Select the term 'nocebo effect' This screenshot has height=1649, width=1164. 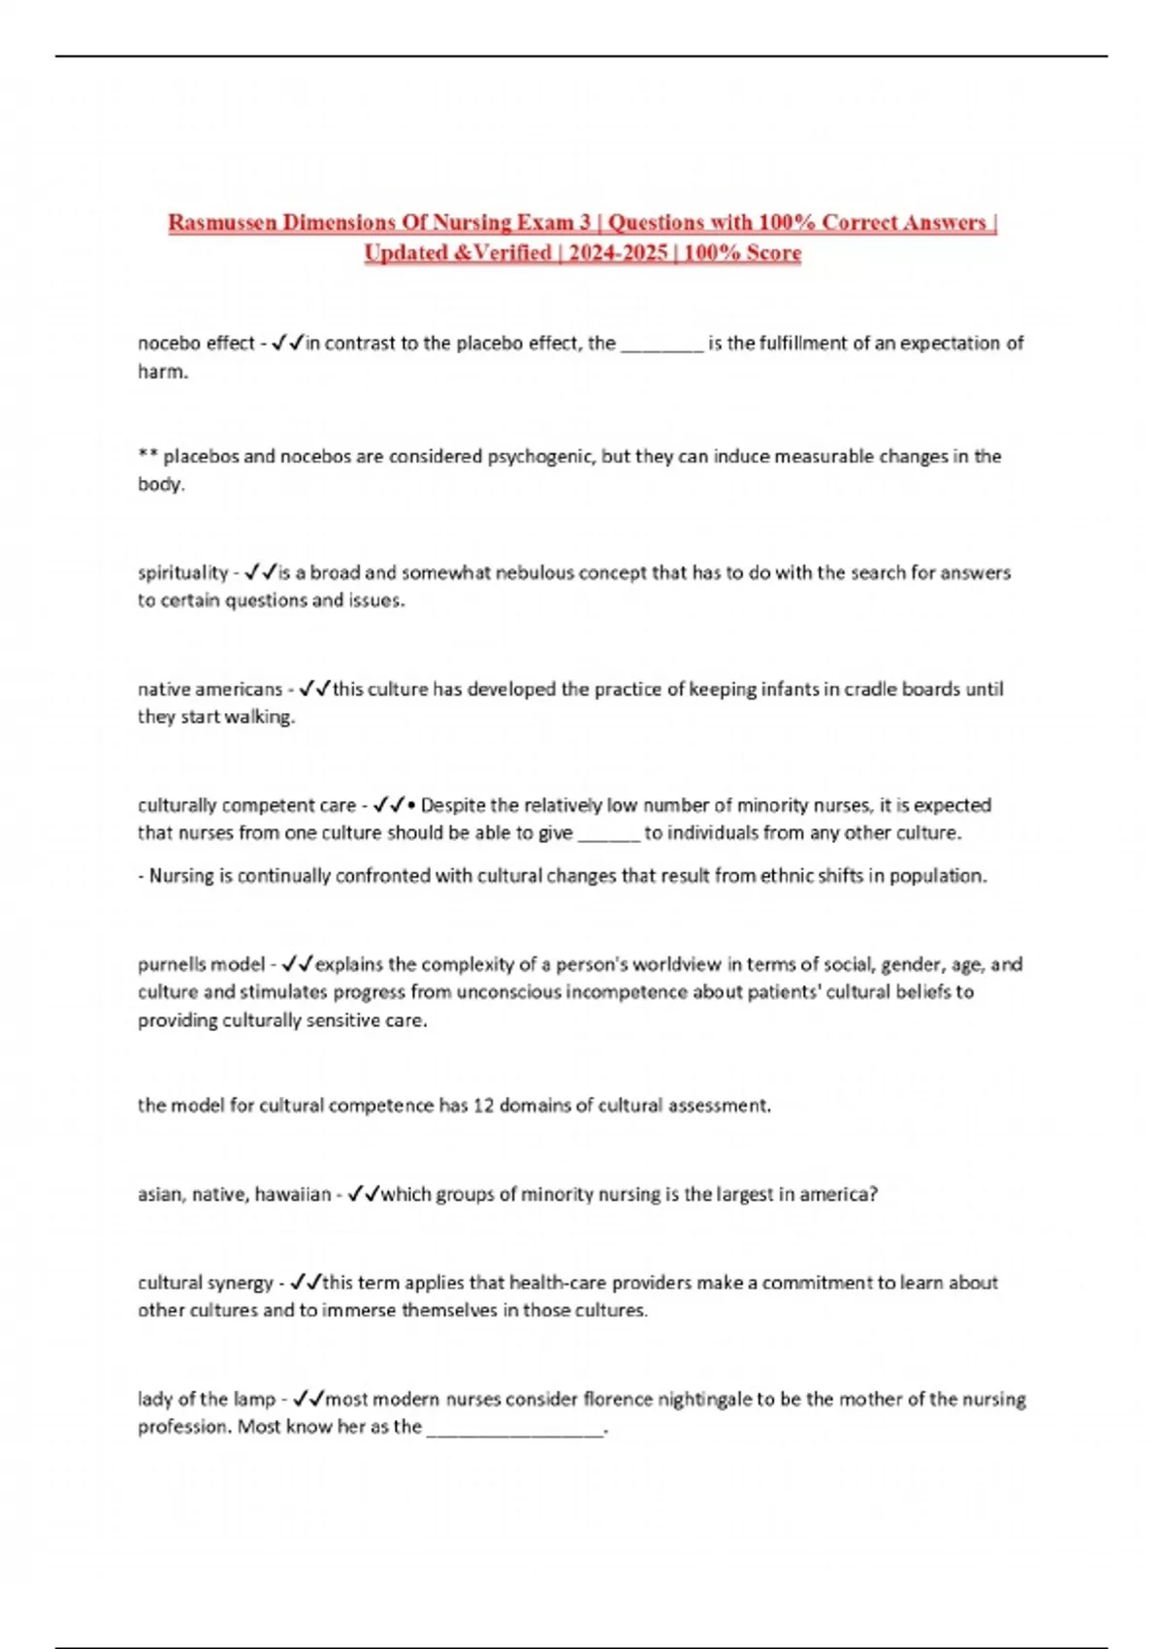(196, 342)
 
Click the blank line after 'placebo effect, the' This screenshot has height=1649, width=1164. (662, 344)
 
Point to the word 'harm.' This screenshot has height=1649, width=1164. (163, 372)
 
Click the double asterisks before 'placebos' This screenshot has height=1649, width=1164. (147, 455)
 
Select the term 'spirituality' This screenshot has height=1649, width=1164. (182, 572)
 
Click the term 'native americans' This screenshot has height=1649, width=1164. (210, 689)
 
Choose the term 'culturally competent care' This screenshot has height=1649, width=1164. (246, 805)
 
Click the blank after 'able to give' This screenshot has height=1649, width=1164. (608, 833)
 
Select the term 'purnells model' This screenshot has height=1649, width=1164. (201, 964)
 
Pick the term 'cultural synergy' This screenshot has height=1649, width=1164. (205, 1282)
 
